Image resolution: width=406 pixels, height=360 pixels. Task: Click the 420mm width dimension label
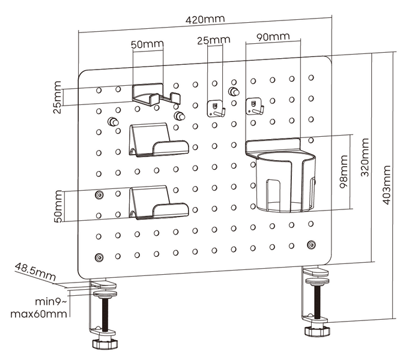coord(205,19)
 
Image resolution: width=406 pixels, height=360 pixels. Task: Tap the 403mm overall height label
coord(386,185)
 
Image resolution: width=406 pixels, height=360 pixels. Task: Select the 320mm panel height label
coord(365,157)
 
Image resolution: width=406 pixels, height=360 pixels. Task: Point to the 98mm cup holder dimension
coord(344,172)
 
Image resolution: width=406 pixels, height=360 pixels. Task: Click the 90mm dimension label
coord(273,37)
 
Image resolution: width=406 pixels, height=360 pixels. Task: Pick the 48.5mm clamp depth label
coord(35,272)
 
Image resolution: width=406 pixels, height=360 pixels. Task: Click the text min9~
coord(51,302)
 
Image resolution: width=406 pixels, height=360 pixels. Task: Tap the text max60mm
coord(38,314)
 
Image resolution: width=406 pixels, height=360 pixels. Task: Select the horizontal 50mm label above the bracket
coord(147,44)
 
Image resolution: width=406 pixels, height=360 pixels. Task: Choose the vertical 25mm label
coord(57,97)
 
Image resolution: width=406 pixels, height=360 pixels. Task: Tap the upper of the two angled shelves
coord(159,140)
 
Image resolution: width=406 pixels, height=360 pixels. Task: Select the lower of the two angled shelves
coord(159,203)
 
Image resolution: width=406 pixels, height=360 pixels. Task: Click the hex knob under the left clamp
coord(105,343)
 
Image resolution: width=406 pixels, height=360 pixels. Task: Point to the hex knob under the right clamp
coord(317,331)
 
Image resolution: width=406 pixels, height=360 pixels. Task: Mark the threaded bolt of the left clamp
coord(105,315)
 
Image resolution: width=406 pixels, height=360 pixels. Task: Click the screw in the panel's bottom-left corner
coord(99,257)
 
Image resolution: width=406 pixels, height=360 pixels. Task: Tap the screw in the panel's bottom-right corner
coord(311,244)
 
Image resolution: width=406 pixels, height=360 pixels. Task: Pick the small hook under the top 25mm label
coord(216,109)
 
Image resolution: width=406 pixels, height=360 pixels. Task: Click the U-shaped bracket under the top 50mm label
coord(156,95)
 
